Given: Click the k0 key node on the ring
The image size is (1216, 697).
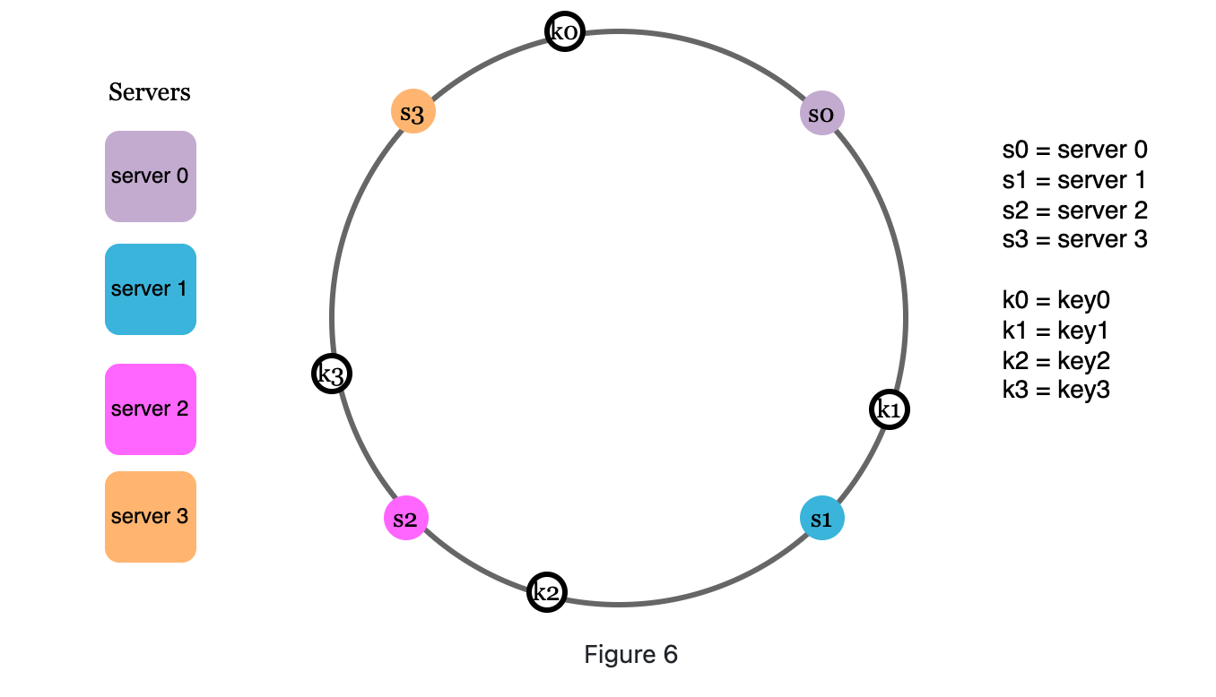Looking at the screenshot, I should pos(565,32).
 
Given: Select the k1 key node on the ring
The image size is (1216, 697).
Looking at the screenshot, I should pos(890,410).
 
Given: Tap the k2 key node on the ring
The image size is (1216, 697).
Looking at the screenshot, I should pos(546,591).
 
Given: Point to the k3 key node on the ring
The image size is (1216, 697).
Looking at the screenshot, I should pos(332,374).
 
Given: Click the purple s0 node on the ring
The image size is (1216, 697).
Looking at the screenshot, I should pos(821,114).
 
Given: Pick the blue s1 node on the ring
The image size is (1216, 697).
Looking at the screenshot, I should pos(821,519).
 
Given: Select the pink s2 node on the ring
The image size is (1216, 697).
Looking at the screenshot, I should pos(406,519).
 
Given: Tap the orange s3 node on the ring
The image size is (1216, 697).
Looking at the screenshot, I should pos(413,113).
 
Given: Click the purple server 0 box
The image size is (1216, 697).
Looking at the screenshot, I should pos(151,176).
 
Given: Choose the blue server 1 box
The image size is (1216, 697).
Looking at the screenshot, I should pos(151,289).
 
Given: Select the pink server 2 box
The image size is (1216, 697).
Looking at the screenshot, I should pos(151,409).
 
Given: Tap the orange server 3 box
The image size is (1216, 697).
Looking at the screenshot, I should pos(151,517).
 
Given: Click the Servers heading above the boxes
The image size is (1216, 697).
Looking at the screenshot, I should pos(150,92).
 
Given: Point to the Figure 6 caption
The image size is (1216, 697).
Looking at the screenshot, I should pos(630,655).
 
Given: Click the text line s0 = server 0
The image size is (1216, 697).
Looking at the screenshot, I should pos(1074,150).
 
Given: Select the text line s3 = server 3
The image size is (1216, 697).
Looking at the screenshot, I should pos(1074,240).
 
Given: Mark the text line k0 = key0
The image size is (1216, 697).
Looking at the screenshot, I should pos(1056,300).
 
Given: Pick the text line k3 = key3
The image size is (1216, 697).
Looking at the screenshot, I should pos(1056,390).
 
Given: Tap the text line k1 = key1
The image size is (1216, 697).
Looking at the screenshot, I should pos(1056,331).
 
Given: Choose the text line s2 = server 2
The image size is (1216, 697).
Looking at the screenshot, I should pos(1074,211).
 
